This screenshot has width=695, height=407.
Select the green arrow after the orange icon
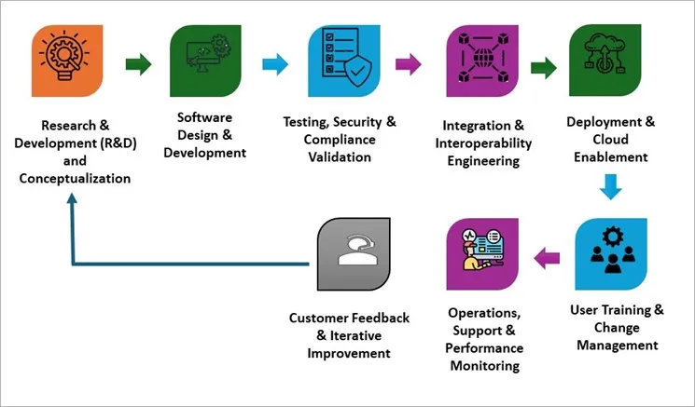[x=138, y=64]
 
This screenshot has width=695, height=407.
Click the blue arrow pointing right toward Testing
[x=274, y=64]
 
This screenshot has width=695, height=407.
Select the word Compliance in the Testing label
[x=339, y=139]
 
